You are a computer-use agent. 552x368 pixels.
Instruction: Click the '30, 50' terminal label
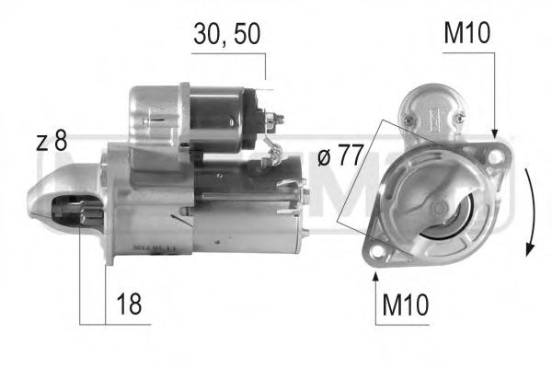coord(226,34)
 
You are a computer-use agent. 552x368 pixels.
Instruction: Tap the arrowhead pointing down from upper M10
coord(495,135)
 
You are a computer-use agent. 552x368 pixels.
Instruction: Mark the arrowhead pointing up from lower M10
coord(375,272)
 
